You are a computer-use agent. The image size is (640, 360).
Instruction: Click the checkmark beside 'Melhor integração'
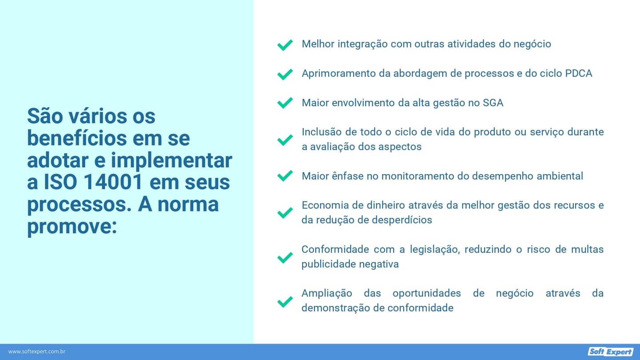coord(284,45)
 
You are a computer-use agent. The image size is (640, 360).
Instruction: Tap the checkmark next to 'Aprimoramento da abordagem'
coord(284,74)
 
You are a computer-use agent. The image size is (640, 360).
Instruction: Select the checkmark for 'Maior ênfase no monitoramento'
coord(284,176)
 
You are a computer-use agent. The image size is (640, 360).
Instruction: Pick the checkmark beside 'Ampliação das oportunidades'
coord(284,302)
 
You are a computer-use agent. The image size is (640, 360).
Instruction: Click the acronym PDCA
coord(579,73)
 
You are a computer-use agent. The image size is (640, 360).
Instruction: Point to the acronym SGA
coord(493,103)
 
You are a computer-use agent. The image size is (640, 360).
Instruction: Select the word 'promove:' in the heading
coord(72,226)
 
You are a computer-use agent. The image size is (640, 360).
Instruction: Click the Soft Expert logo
coord(610,352)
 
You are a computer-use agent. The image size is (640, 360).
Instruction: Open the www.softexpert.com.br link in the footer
coord(37,352)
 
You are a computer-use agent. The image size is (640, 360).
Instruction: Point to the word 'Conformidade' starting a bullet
coord(335,249)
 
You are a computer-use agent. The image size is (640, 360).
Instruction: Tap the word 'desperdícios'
coord(403,220)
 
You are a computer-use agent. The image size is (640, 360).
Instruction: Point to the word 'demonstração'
coord(336,308)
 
